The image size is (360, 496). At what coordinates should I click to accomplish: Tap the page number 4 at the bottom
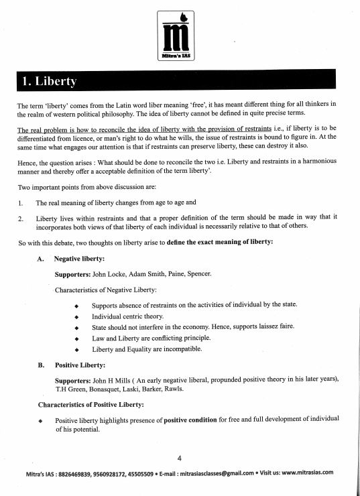pos(180,458)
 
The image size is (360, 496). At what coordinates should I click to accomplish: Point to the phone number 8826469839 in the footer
pos(72,473)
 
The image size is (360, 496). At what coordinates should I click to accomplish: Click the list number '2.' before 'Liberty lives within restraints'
pos(21,216)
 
